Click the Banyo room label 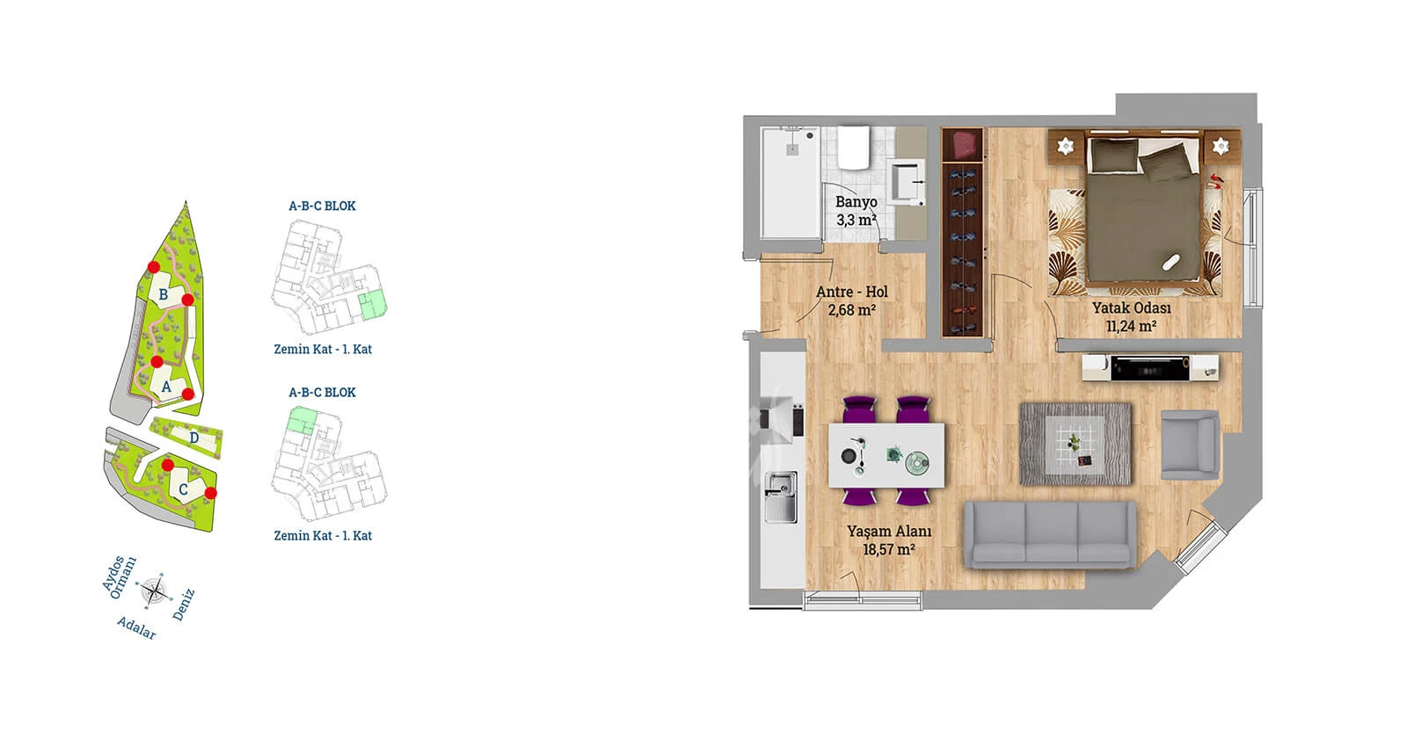pyautogui.click(x=857, y=202)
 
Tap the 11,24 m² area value pyautogui.click(x=1131, y=326)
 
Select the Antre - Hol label pyautogui.click(x=852, y=292)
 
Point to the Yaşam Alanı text pyautogui.click(x=889, y=532)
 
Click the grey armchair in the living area pyautogui.click(x=1190, y=445)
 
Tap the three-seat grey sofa pyautogui.click(x=1050, y=535)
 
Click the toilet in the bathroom pyautogui.click(x=854, y=148)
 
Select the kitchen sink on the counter pyautogui.click(x=781, y=497)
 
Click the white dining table pyautogui.click(x=886, y=455)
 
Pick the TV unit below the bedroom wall pyautogui.click(x=1149, y=367)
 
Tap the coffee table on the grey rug pyautogui.click(x=1075, y=444)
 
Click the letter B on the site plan pyautogui.click(x=164, y=294)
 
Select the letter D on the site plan pyautogui.click(x=194, y=438)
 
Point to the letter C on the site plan pyautogui.click(x=184, y=489)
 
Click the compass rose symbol pyautogui.click(x=154, y=590)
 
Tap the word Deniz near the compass pyautogui.click(x=184, y=604)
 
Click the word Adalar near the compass pyautogui.click(x=136, y=627)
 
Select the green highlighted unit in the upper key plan pyautogui.click(x=373, y=307)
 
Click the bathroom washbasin pyautogui.click(x=908, y=181)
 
